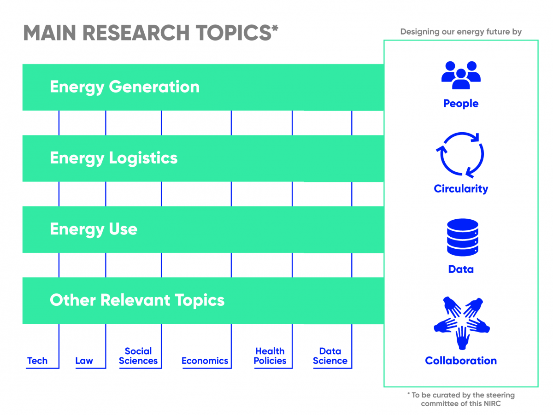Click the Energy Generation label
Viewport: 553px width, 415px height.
click(125, 87)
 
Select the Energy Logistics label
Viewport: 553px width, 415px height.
click(114, 158)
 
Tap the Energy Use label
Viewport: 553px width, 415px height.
click(94, 229)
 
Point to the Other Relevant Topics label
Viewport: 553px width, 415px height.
click(137, 300)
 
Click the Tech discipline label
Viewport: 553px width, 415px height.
click(37, 361)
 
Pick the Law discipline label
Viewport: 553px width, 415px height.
click(84, 361)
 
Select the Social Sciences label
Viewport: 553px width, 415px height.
click(138, 356)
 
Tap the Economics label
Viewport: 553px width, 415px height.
click(205, 361)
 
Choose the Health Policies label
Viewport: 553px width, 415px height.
click(270, 356)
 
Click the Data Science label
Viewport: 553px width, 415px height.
click(330, 356)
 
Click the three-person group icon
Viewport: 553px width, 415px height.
click(461, 75)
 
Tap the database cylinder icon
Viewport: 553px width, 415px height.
click(463, 237)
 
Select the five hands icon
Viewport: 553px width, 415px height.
click(462, 323)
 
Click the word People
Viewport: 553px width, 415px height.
click(461, 104)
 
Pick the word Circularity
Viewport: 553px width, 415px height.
click(461, 189)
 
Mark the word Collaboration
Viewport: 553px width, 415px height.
click(461, 361)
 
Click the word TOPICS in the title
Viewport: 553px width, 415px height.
click(234, 33)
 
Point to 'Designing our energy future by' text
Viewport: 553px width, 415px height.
click(461, 32)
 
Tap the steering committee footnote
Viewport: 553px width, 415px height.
click(461, 399)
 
